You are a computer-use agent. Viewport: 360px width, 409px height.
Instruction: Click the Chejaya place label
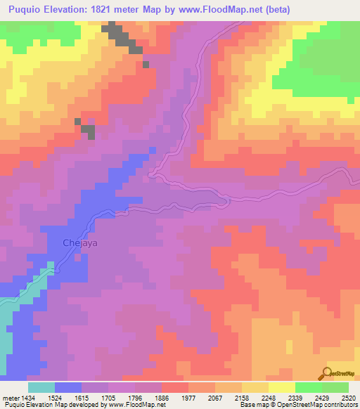[x=67, y=243]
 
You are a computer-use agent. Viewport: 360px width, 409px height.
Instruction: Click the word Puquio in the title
[x=26, y=9]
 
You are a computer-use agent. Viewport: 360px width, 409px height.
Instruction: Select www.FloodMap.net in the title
[x=217, y=9]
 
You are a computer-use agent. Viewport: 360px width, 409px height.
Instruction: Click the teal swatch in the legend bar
[x=41, y=387]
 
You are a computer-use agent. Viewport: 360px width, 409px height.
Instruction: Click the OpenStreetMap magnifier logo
[x=328, y=373]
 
